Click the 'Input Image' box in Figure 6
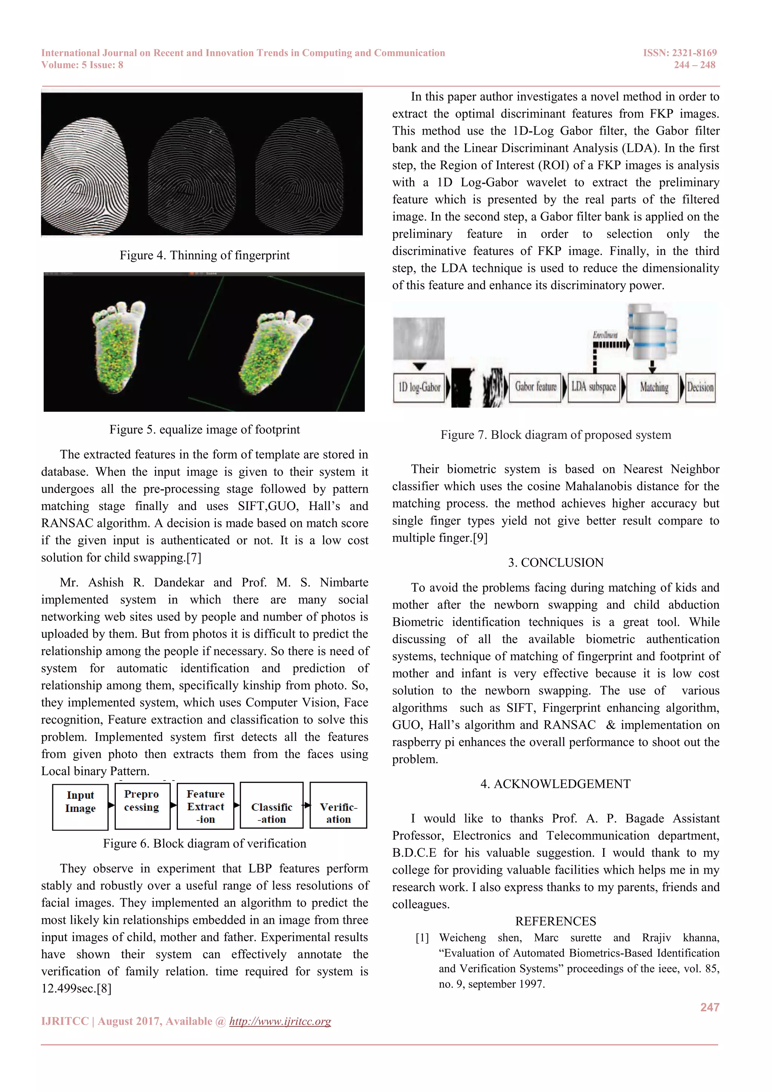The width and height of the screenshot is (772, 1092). point(80,807)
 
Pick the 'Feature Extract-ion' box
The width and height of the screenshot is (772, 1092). point(205,806)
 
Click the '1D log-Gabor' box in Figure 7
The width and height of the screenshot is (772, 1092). point(419,388)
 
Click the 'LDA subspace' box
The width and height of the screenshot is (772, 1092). point(594,388)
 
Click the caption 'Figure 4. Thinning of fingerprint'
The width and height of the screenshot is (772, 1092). point(204,255)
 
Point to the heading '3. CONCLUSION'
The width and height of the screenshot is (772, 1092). point(555,563)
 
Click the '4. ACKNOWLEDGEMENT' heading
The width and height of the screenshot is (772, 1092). point(555,784)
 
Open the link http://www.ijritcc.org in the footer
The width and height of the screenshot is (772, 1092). point(280,1021)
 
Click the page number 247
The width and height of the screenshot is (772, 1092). point(709,1007)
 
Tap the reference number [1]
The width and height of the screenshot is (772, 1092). point(422,938)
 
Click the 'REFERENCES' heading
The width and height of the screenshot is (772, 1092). point(555,921)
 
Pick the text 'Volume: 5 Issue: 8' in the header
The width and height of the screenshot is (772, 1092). point(82,65)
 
